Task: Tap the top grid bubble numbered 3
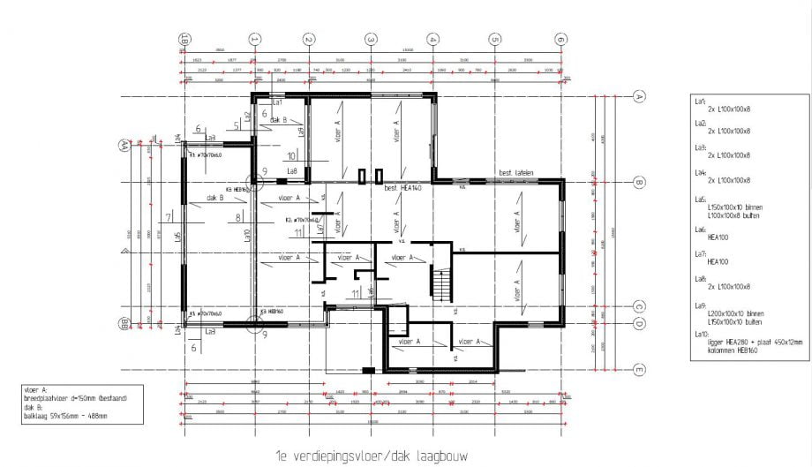tap(372, 40)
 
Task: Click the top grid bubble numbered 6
tap(560, 40)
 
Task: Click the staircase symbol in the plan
tap(439, 285)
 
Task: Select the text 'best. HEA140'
tap(404, 189)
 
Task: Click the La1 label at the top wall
tap(275, 103)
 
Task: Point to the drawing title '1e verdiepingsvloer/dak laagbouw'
tap(370, 456)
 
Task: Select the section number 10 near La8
tap(292, 155)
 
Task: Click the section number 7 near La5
tap(168, 217)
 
